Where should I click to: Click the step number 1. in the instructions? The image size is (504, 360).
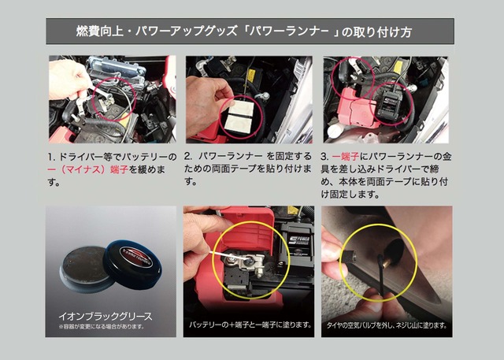click(53, 157)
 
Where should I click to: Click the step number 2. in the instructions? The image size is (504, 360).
click(189, 157)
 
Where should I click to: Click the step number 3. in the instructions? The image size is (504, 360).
click(324, 157)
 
